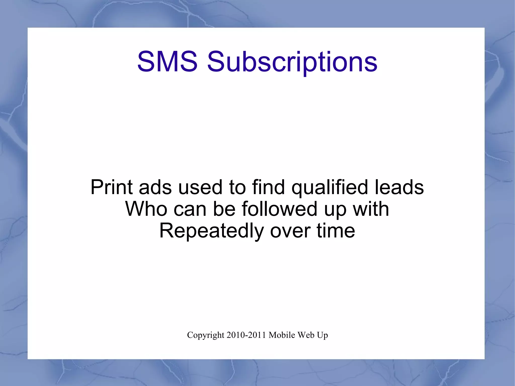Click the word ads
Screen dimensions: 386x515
[x=155, y=187]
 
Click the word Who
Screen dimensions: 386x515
[x=146, y=209]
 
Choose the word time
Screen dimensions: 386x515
[x=336, y=231]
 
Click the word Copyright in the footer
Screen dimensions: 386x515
[x=205, y=335]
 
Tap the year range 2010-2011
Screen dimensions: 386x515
[x=246, y=335]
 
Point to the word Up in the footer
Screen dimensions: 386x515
[x=323, y=335]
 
